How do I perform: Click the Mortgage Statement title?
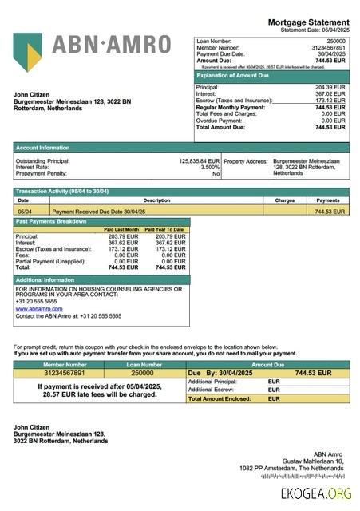pyautogui.click(x=308, y=22)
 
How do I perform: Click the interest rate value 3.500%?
pyautogui.click(x=209, y=167)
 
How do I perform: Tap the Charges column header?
pyautogui.click(x=285, y=200)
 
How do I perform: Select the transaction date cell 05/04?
pyautogui.click(x=25, y=212)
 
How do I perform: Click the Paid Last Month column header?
pyautogui.click(x=121, y=230)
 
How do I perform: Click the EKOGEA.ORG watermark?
pyautogui.click(x=316, y=494)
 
